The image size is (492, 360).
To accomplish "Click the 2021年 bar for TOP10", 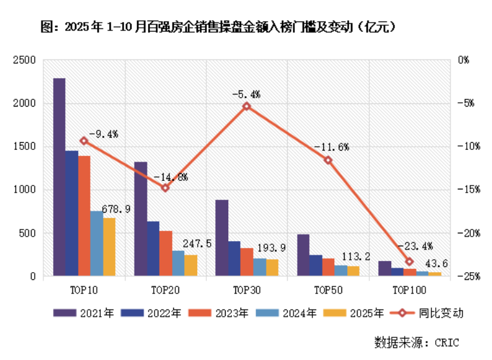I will pyautogui.click(x=59, y=177).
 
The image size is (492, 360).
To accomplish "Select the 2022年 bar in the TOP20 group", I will pyautogui.click(x=153, y=249).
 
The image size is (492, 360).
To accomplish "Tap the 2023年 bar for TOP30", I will pyautogui.click(x=246, y=262).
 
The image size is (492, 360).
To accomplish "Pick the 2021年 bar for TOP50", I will pyautogui.click(x=303, y=255).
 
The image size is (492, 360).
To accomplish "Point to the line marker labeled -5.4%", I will pyautogui.click(x=246, y=106).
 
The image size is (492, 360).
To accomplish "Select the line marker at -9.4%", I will pyautogui.click(x=84, y=141).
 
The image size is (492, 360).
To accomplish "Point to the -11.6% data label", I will pyautogui.click(x=331, y=147).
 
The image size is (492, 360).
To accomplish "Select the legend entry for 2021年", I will pyautogui.click(x=84, y=313).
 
